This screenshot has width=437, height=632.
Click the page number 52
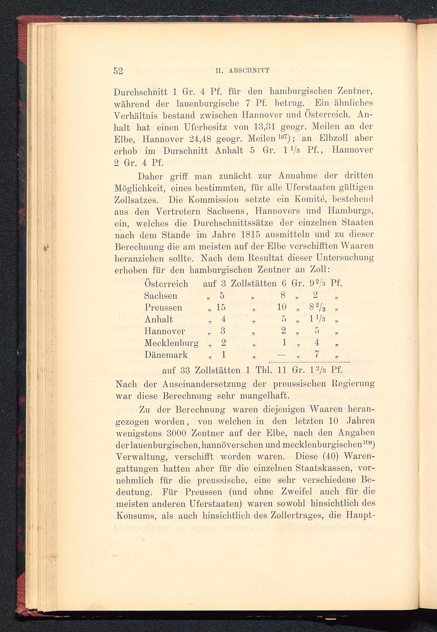(118, 71)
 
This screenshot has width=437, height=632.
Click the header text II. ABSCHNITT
(243, 71)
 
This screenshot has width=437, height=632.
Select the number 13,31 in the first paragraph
(262, 127)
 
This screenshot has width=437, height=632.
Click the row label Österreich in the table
(166, 284)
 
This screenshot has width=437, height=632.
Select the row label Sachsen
(161, 296)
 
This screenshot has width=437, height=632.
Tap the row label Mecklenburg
(171, 343)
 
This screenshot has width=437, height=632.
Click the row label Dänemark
(166, 355)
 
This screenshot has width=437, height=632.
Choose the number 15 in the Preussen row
(221, 307)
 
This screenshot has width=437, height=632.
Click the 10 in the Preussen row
(281, 307)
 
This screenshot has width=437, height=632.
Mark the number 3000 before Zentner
(176, 433)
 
